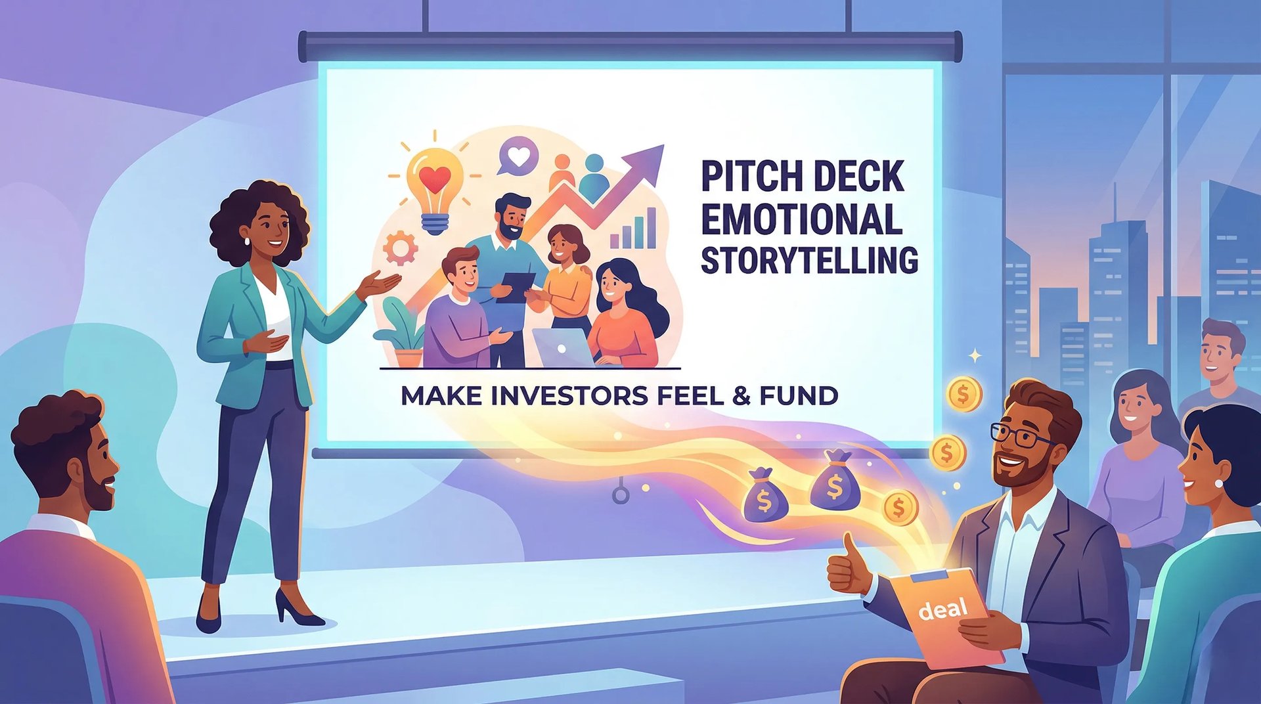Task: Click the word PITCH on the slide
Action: (742, 177)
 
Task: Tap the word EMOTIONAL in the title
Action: (801, 219)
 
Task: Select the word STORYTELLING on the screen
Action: (809, 261)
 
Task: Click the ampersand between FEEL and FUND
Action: (741, 396)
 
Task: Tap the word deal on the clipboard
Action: (942, 609)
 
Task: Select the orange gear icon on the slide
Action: (400, 248)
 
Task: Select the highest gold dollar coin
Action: (964, 394)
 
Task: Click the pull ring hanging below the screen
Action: (620, 494)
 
